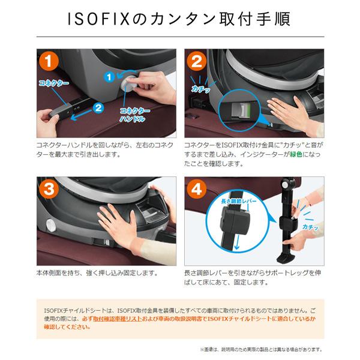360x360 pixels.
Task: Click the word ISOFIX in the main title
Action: tap(99, 19)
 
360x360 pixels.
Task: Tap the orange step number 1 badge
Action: tap(49, 61)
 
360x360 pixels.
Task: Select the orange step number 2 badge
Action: tap(196, 61)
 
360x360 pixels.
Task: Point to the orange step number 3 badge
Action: tap(49, 189)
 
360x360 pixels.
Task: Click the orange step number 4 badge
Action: tap(196, 189)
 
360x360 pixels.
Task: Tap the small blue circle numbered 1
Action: tap(109, 77)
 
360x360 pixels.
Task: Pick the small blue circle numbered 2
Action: tap(98, 107)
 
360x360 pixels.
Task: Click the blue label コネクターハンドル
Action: tap(134, 115)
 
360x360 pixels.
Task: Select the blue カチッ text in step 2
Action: tap(200, 89)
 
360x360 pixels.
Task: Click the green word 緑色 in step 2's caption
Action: tap(296, 154)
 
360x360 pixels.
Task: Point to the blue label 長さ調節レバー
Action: tap(239, 202)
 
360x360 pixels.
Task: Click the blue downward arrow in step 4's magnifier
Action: tap(237, 242)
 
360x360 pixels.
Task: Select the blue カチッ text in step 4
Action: tap(310, 227)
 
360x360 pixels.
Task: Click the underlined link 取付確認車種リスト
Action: tap(118, 319)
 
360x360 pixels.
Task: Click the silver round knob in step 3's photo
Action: tap(51, 225)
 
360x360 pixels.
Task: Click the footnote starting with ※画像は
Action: tap(261, 350)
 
